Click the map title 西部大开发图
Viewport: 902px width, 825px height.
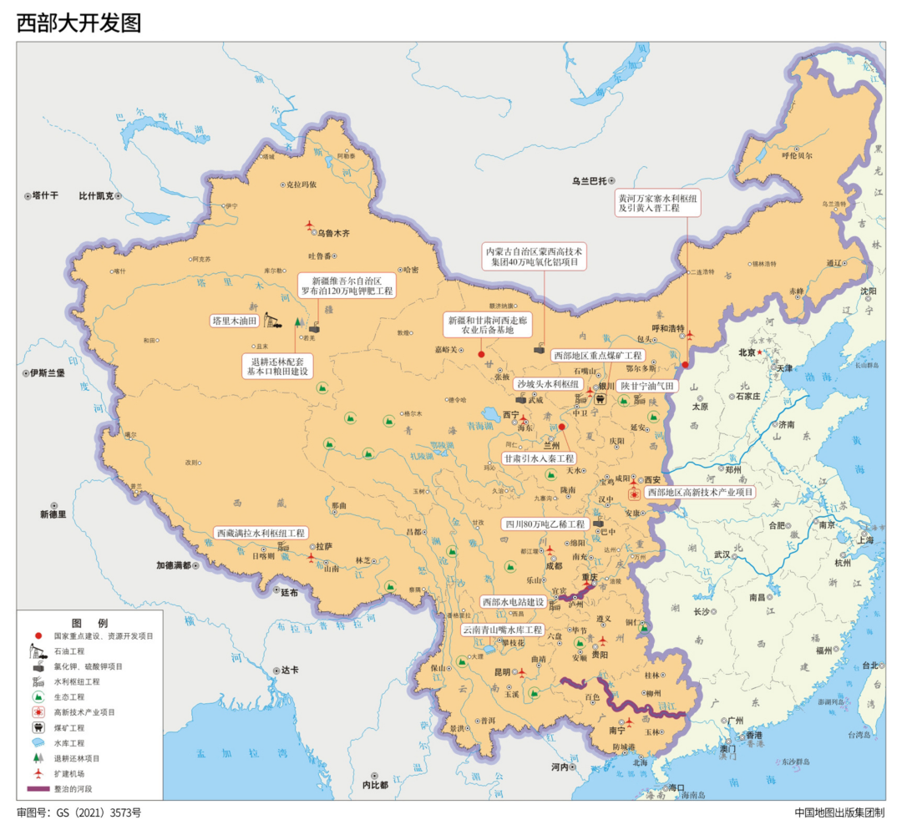[79, 23]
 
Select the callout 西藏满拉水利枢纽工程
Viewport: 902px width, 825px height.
[261, 532]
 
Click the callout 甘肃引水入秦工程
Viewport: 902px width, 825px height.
[540, 458]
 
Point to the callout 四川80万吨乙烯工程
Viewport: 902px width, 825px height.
[544, 524]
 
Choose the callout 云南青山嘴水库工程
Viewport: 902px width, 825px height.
[504, 629]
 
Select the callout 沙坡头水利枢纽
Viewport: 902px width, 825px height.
[548, 383]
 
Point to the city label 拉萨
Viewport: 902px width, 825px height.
[324, 546]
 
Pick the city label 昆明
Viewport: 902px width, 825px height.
[502, 672]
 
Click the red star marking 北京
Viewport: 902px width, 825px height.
[760, 352]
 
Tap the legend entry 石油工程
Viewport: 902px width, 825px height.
[70, 650]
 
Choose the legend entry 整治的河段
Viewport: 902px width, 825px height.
[70, 788]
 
